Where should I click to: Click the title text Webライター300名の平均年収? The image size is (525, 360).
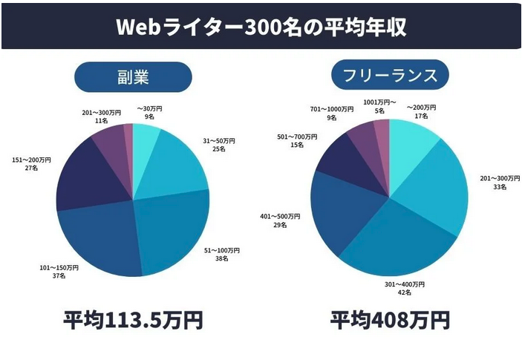pos(261,26)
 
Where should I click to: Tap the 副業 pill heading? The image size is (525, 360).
pos(133,77)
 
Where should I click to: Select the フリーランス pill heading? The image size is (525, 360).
pos(390,75)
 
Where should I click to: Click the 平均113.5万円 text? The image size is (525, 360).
pos(133,320)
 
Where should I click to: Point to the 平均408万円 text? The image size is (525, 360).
pos(390,320)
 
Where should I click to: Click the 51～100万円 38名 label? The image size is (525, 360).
pos(222,255)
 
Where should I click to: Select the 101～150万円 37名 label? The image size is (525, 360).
pos(59,272)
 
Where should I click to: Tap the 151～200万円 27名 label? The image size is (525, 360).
pos(31,164)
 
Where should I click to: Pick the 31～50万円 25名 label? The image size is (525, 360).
pos(219,145)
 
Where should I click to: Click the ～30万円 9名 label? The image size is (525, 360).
pos(149,113)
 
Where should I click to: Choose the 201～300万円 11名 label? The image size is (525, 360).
pos(102,117)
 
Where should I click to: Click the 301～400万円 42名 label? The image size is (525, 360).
pos(405,289)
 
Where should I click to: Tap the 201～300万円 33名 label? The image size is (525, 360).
pos(500,183)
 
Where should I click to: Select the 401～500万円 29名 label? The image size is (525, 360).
pos(280,220)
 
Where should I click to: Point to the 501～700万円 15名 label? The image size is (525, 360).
pos(297,141)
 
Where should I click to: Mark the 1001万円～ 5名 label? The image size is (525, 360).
pos(379,107)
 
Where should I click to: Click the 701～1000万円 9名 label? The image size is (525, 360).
pos(332,114)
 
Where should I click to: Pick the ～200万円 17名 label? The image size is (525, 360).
pos(422,112)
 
